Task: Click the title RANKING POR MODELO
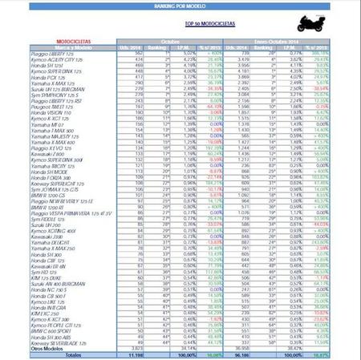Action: (180, 5)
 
